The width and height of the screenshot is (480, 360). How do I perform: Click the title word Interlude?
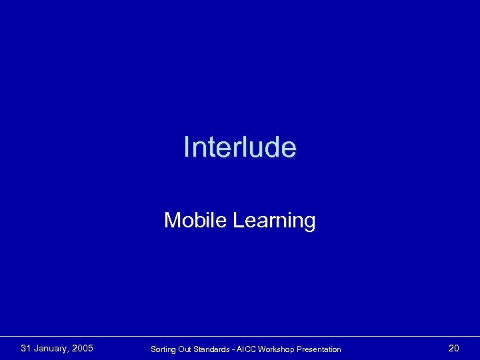coord(240,147)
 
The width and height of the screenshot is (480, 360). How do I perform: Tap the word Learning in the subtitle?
coord(274,221)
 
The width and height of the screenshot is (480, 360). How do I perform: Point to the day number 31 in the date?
coord(26,348)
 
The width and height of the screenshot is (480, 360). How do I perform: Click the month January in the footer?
coord(51,349)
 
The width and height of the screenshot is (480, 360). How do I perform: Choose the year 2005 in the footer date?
coord(83,348)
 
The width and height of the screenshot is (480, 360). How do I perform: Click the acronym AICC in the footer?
coord(249,349)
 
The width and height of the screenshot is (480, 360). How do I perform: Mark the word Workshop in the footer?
coord(281,349)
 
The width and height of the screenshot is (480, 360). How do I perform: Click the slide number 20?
coord(453,348)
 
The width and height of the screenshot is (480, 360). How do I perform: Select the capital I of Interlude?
coord(186,147)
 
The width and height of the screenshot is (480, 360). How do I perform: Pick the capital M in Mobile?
coord(171,220)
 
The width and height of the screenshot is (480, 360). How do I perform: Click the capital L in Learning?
coord(237,220)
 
